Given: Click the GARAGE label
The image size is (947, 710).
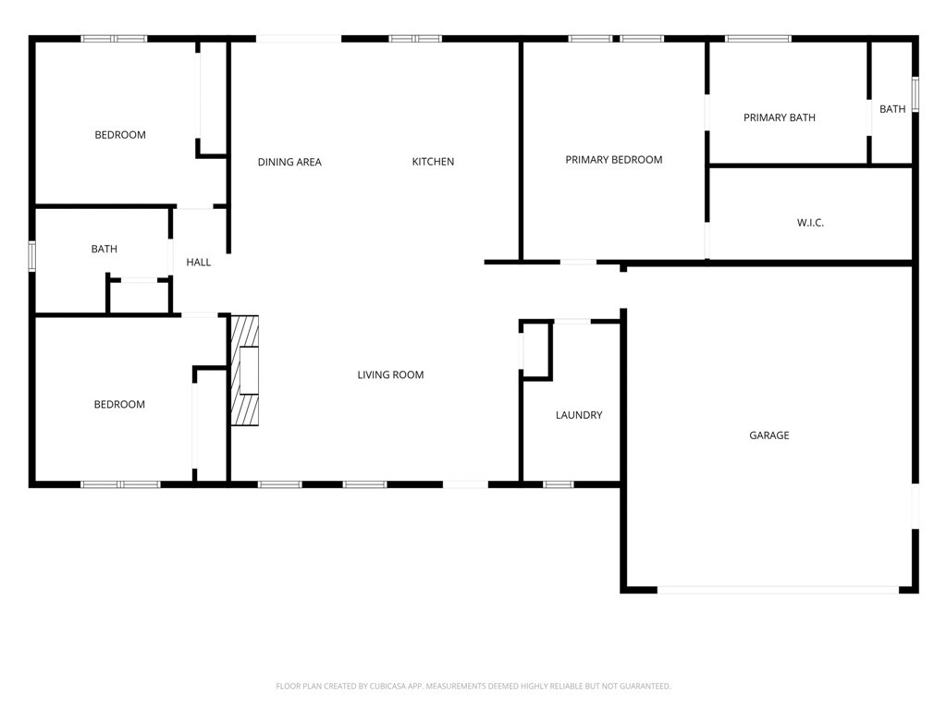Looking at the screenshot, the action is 769,435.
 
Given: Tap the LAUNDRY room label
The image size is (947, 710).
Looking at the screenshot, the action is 579,415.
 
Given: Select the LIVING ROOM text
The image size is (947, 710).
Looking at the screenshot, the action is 390,375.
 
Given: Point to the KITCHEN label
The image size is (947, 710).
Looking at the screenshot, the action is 433,162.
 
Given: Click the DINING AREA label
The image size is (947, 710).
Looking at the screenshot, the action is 289,163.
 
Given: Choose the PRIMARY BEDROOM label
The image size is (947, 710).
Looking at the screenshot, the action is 614,160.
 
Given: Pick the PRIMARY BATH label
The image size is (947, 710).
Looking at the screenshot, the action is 779,117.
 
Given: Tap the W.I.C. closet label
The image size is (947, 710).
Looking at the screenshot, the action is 810,223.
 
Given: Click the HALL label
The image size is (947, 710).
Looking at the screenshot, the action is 198,263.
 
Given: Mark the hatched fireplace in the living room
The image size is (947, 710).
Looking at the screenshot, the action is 244,370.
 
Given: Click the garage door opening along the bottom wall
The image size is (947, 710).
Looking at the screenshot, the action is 778,590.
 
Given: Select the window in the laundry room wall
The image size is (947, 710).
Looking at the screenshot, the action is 558,484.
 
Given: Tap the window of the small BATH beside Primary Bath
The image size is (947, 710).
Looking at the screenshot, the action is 915,94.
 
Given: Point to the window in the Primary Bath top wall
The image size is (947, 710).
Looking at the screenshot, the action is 758,39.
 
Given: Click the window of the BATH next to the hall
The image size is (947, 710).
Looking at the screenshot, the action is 32,256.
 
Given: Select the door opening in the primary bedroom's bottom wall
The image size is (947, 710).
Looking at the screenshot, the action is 578,262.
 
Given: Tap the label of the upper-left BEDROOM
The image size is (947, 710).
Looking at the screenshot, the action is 120,135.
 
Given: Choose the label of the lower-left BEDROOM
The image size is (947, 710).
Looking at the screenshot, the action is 119,405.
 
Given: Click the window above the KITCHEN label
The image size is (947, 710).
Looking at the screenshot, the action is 415,39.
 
